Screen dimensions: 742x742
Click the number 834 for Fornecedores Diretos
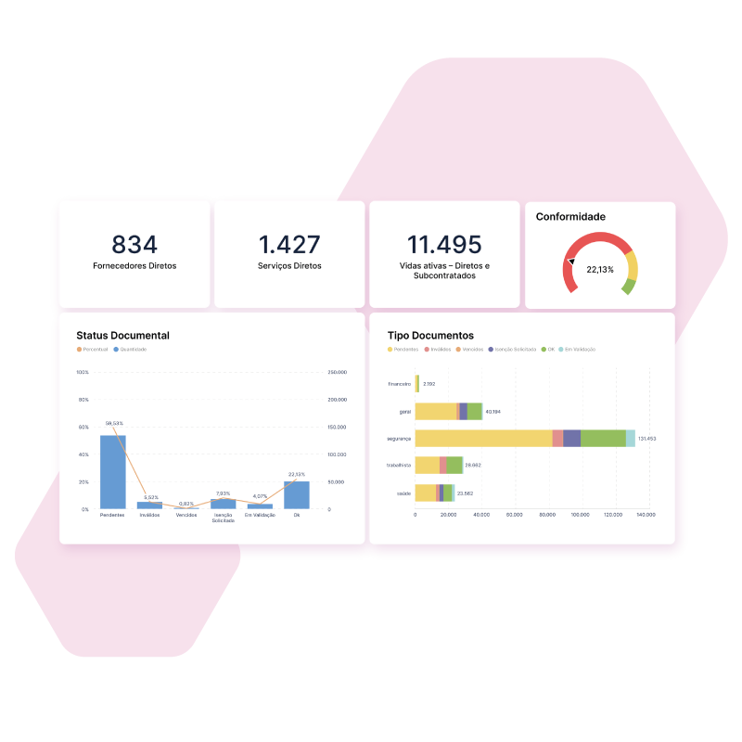point(134,245)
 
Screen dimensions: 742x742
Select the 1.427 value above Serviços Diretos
point(289,245)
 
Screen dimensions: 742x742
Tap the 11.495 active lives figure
point(444,245)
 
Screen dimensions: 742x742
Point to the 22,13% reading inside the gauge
point(600,270)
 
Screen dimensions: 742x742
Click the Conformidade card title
point(570,217)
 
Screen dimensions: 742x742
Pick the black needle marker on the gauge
point(572,262)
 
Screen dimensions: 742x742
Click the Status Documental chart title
point(122,336)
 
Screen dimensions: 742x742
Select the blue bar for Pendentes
point(113,472)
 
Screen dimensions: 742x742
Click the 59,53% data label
point(114,423)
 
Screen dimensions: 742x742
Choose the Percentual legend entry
point(93,350)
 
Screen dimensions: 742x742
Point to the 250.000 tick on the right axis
point(338,372)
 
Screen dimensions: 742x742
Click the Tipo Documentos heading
point(430,336)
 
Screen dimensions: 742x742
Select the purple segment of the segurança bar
point(571,439)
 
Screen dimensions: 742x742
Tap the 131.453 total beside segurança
point(647,439)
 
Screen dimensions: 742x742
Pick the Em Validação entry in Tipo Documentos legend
point(577,350)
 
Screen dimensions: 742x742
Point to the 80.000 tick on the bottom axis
point(546,514)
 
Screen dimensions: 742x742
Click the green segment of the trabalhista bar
point(454,466)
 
